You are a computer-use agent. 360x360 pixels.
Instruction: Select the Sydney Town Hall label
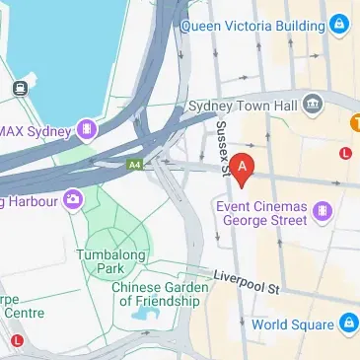coord(243,102)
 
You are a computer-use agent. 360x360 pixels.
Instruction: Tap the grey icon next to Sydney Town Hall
coord(313,102)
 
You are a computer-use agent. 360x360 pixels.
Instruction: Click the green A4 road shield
coord(135,165)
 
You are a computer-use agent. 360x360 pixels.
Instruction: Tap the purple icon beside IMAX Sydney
coord(89,128)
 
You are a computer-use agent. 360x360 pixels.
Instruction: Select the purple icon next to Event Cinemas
coord(322,209)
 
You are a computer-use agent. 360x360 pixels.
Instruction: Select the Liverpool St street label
coord(248,280)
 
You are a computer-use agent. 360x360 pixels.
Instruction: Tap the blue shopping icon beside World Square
coord(348,323)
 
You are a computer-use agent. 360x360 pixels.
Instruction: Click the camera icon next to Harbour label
coord(72,202)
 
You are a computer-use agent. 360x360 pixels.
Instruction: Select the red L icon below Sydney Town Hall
coord(345,153)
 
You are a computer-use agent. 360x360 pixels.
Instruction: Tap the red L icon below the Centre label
coord(19,340)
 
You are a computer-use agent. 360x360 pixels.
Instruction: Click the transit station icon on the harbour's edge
coord(19,88)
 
